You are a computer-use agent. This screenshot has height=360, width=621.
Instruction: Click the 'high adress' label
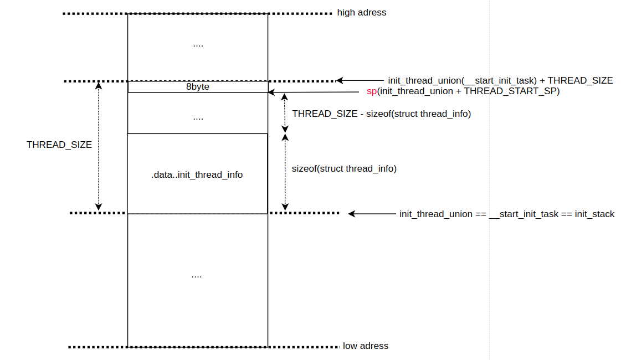[x=362, y=12]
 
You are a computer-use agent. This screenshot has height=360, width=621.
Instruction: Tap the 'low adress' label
[x=366, y=346]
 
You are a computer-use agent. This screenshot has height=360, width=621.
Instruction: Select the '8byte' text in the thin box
[x=198, y=87]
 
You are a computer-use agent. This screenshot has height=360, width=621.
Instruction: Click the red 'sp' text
[x=372, y=91]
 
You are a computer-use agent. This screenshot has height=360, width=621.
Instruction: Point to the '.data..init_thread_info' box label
[x=197, y=174]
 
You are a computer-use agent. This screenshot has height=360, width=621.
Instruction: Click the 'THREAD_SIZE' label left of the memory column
[x=59, y=145]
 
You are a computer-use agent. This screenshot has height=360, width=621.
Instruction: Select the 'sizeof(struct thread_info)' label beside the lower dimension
[x=344, y=168]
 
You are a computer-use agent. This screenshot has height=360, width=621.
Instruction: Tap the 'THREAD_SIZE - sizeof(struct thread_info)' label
[x=381, y=114]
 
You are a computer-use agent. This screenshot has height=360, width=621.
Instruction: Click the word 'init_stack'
[x=594, y=214]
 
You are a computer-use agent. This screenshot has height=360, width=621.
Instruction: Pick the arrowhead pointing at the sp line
[x=272, y=93]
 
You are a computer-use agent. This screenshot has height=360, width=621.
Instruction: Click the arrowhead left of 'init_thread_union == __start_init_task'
[x=352, y=214]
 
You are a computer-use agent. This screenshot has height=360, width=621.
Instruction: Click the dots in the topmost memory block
[x=198, y=44]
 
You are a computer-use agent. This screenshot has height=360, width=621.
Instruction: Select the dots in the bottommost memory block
[x=196, y=275]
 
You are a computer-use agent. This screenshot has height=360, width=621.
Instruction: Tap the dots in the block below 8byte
[x=198, y=117]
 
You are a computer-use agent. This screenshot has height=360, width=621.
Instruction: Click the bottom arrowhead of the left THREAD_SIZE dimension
[x=99, y=208]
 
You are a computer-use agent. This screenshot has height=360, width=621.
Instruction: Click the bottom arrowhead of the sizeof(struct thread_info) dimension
[x=285, y=208]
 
